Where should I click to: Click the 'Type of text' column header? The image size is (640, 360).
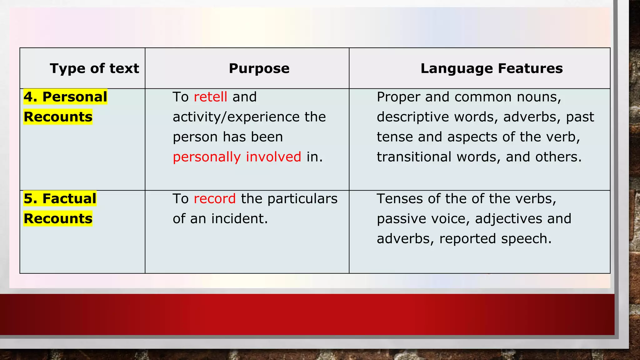pos(94,68)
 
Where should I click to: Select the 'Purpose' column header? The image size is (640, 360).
pos(259,68)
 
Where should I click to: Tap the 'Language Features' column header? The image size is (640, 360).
pos(492,68)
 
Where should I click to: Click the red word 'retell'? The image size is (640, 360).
pos(210,97)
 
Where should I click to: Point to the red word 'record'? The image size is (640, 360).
pos(215,199)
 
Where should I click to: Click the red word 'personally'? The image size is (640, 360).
pos(207,157)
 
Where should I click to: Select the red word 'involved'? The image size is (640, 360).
pos(273,157)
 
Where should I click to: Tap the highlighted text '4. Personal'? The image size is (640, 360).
pos(65,97)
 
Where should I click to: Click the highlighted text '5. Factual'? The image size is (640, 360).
pos(60,199)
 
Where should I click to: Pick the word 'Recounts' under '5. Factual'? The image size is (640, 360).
pos(58,219)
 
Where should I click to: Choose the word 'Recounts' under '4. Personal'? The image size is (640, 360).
pos(58,117)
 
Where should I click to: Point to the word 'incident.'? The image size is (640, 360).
pos(239,219)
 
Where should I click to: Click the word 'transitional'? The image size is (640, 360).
pos(414,157)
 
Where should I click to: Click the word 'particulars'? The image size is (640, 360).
pos(302,199)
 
